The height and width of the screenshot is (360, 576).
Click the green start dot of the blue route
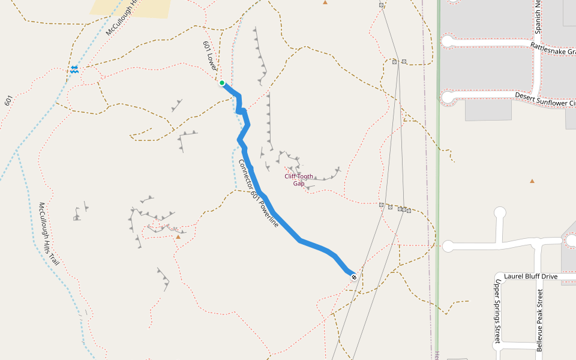(222, 83)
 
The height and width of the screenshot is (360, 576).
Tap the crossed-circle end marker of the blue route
(354, 277)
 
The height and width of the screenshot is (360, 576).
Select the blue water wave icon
(74, 70)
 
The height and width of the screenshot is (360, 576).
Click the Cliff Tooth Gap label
(299, 180)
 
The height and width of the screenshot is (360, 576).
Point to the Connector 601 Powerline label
(259, 193)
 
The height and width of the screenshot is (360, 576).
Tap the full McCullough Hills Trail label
(50, 234)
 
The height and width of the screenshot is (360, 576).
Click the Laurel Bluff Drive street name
(531, 277)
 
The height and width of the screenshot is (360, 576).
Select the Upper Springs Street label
(497, 311)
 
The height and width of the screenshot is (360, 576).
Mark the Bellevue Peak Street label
(539, 320)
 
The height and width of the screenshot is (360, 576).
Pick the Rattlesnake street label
(552, 47)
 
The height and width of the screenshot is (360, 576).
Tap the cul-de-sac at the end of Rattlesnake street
(448, 41)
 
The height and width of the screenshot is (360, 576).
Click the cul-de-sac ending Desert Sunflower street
(448, 97)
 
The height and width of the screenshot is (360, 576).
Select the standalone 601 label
(8, 101)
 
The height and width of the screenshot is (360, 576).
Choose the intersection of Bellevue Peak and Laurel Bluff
(541, 281)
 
